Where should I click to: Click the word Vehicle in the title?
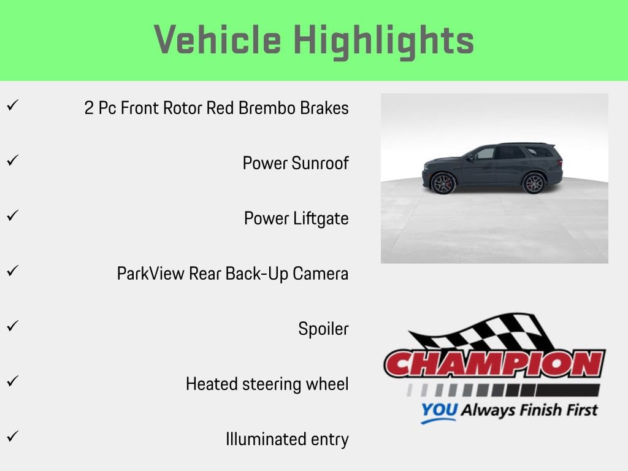click(x=218, y=40)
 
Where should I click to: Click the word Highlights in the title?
click(x=384, y=40)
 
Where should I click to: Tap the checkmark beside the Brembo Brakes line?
click(x=12, y=105)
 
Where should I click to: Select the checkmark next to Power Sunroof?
click(x=12, y=161)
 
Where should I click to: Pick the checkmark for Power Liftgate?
click(x=12, y=216)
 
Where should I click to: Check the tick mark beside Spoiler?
click(x=12, y=326)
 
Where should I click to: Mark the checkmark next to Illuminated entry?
click(x=12, y=437)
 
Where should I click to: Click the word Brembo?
click(x=266, y=109)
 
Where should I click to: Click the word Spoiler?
click(x=323, y=329)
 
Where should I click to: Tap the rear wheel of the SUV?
click(x=533, y=183)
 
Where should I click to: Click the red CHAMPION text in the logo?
click(x=494, y=364)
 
